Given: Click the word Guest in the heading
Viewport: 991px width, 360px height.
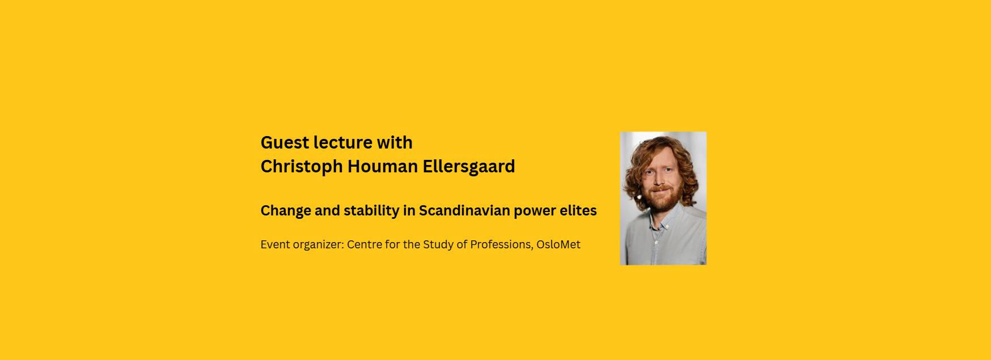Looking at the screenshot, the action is [285, 142].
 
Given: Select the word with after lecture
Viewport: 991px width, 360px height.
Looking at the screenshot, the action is [395, 142].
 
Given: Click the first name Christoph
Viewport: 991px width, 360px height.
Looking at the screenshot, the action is [302, 167].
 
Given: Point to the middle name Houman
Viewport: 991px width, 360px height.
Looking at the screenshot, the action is [383, 167].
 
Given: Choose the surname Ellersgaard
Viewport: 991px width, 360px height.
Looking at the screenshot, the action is [469, 167].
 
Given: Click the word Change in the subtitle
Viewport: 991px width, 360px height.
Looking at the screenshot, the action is [286, 211].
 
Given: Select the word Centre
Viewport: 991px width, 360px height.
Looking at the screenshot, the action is [365, 244].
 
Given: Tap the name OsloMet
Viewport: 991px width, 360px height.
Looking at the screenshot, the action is [558, 244].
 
